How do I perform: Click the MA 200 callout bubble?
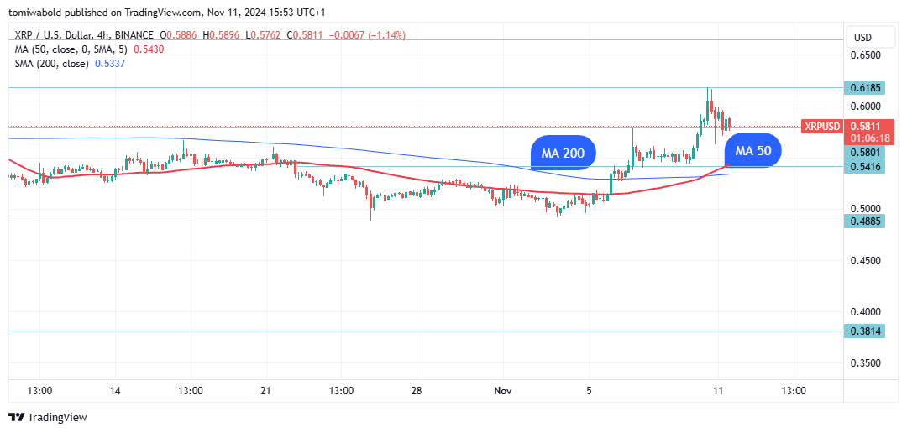(x=563, y=153)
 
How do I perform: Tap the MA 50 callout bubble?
(x=753, y=151)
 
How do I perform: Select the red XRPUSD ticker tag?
(x=821, y=127)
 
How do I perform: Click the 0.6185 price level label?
(x=865, y=88)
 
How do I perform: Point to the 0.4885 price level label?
(x=865, y=221)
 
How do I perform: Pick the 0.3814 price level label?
(x=865, y=331)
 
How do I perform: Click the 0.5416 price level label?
(x=865, y=167)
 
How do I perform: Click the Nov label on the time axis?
(x=503, y=391)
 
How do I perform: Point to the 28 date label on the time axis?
(x=416, y=391)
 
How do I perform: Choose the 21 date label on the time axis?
(x=265, y=391)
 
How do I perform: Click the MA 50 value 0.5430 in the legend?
(x=149, y=49)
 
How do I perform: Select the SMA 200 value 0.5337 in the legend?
(x=110, y=64)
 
